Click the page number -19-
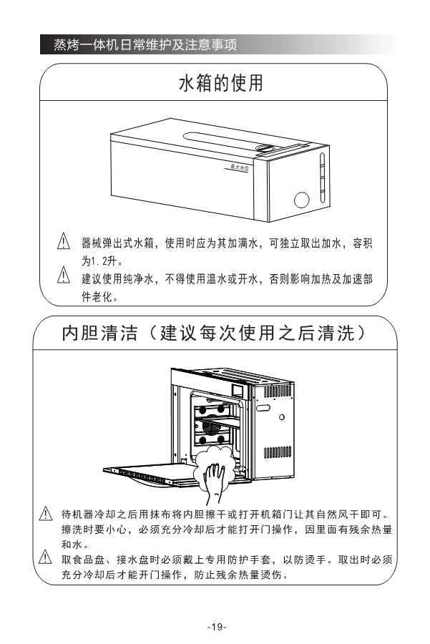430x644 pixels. point(217,627)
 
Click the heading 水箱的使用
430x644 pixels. point(220,84)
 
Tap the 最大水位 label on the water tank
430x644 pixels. point(240,167)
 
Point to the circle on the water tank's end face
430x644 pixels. point(302,200)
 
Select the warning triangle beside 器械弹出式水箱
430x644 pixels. point(63,242)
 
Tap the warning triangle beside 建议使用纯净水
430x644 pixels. point(63,275)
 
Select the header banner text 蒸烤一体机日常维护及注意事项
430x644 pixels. point(145,44)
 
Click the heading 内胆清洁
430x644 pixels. point(99,333)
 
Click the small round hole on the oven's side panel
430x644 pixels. point(282,417)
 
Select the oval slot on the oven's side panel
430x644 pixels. point(263,408)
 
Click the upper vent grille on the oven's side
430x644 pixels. point(278,391)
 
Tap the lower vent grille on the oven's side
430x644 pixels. point(278,452)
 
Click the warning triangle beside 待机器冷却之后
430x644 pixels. point(45,514)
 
